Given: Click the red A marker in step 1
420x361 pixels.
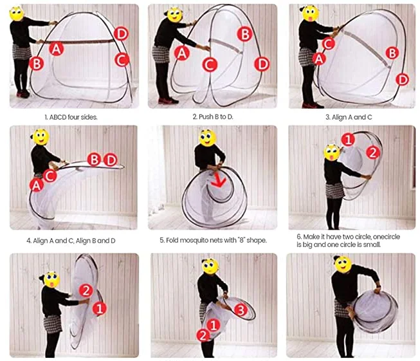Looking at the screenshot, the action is (x=56, y=49).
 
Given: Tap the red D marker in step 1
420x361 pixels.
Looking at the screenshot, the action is (x=121, y=34).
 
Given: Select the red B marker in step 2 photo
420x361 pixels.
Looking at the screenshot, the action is (x=245, y=34).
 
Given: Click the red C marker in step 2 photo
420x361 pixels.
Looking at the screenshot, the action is (x=210, y=65).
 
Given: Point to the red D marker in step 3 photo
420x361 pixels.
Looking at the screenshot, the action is (x=403, y=80).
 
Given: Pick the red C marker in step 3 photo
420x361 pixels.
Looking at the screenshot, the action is (x=329, y=44).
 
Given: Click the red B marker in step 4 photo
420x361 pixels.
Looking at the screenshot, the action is (x=94, y=160).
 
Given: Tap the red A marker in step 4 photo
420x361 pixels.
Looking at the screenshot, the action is (x=37, y=185).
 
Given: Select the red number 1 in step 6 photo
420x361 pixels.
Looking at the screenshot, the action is (x=348, y=140).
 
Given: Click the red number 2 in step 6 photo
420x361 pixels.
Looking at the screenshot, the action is (x=373, y=153).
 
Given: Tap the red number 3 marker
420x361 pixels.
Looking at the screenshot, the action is (x=241, y=310).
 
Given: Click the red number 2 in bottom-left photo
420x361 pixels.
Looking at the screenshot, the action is (x=86, y=290).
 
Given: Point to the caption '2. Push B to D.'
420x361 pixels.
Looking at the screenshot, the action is (x=213, y=117).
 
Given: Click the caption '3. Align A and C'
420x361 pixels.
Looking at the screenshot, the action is (x=349, y=117).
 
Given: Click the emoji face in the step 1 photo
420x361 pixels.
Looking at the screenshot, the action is (x=17, y=14).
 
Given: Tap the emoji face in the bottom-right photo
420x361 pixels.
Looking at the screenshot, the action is (x=343, y=264).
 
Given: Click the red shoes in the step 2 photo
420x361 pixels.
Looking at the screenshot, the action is (x=168, y=101).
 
